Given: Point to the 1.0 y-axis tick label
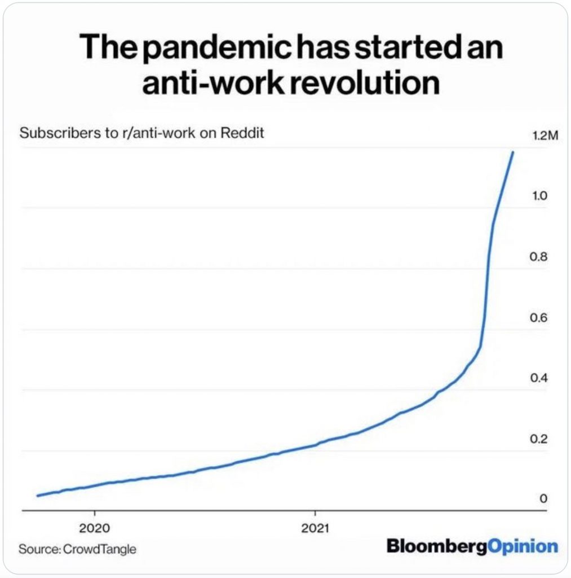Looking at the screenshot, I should click(x=539, y=196).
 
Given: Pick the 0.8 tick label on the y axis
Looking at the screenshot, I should click(x=539, y=257).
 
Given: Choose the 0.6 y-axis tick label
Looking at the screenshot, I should click(x=539, y=318).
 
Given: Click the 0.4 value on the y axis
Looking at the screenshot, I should click(x=539, y=378).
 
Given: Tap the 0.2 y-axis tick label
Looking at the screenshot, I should click(x=539, y=439).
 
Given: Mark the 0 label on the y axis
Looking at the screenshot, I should click(x=543, y=499).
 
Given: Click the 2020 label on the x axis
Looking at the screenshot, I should click(x=94, y=529).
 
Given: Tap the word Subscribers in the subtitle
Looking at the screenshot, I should click(x=55, y=134).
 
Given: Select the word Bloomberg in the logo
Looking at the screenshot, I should click(x=436, y=546).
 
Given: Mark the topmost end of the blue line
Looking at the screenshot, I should click(x=512, y=152).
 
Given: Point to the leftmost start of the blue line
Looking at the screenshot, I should click(x=37, y=496).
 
